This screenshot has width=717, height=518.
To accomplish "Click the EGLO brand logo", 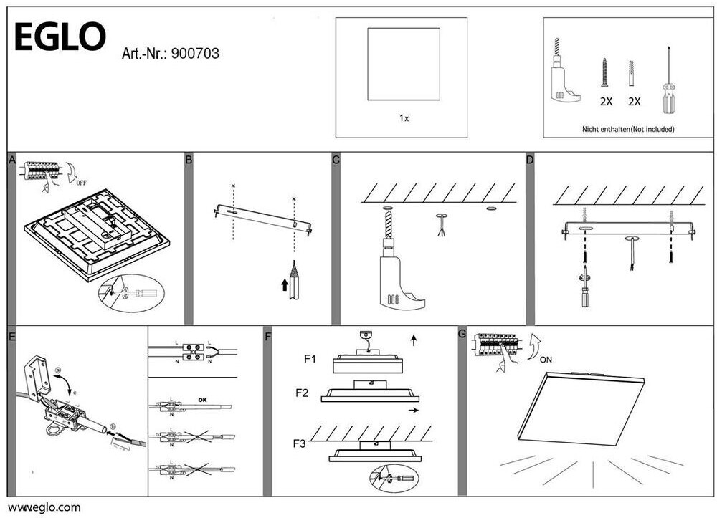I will (x=60, y=37).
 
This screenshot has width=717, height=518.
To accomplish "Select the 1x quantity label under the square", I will (x=404, y=118).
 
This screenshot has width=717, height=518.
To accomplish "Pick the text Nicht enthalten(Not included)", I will (x=627, y=130).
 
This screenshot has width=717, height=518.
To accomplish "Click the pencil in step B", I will (x=294, y=281).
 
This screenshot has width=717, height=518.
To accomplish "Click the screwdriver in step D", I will (x=585, y=287).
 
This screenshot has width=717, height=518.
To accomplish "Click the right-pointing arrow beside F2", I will (x=414, y=411).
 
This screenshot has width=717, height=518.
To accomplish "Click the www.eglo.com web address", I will (x=44, y=507).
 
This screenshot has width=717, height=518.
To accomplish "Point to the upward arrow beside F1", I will (x=414, y=340).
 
